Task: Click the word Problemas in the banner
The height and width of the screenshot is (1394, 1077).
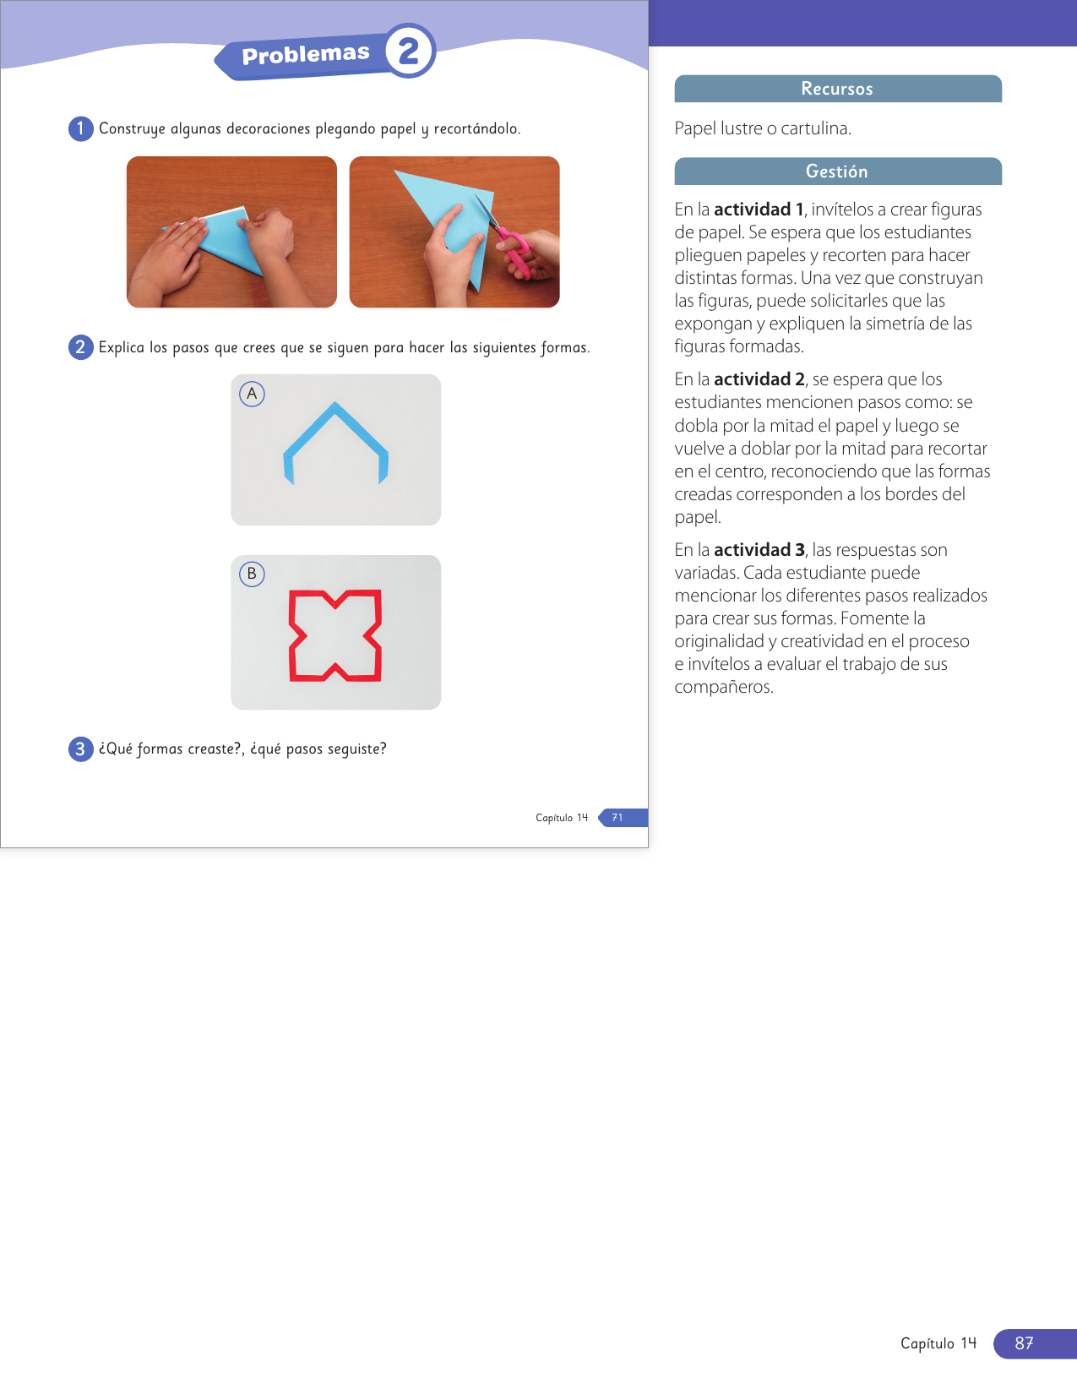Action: [305, 55]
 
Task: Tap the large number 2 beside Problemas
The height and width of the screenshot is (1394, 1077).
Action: [409, 51]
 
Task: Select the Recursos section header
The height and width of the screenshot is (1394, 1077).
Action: [837, 89]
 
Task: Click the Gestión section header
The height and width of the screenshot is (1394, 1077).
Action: [837, 172]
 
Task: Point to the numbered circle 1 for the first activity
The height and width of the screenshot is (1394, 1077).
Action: [81, 129]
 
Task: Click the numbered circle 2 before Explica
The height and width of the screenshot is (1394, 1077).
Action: [81, 347]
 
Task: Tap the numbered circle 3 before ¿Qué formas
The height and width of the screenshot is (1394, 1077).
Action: [81, 749]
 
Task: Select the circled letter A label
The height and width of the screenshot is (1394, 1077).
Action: [252, 393]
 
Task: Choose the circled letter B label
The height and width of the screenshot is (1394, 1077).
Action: [252, 574]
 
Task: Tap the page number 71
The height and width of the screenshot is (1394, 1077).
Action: [617, 817]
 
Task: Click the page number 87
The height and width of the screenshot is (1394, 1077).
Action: [1024, 1342]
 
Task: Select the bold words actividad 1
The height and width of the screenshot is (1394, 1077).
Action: [759, 210]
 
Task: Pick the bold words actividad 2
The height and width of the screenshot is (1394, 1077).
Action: [759, 380]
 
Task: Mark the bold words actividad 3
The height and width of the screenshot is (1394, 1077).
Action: [759, 550]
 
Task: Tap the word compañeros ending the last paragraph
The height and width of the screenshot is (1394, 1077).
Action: [724, 687]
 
